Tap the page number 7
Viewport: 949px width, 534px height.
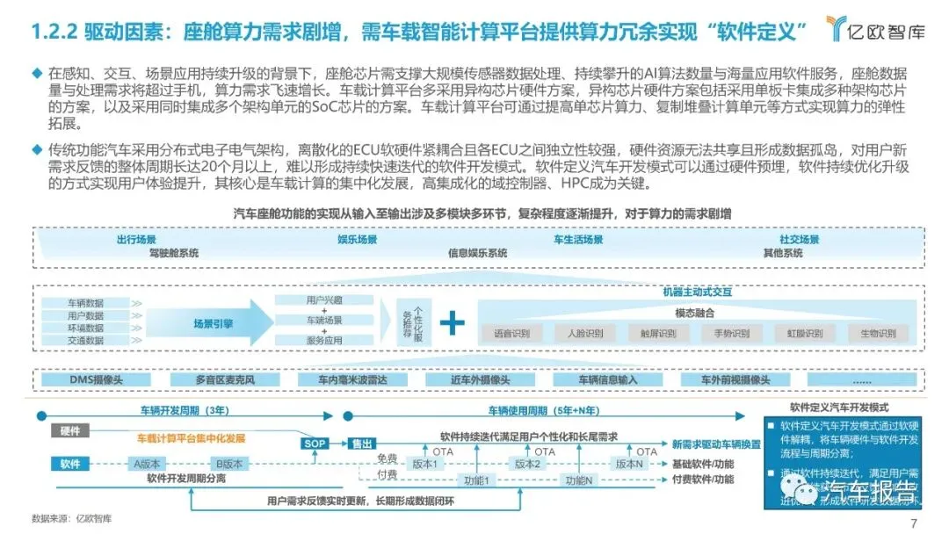point(914,523)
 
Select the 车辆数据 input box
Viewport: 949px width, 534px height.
point(85,303)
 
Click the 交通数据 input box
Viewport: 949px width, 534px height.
point(85,340)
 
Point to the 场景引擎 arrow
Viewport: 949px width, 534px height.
point(215,322)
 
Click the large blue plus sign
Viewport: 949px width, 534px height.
point(453,322)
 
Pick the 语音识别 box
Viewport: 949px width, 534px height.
point(511,334)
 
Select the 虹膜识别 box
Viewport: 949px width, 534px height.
point(804,334)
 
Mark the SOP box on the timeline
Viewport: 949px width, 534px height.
point(315,444)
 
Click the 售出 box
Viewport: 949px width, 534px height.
point(361,444)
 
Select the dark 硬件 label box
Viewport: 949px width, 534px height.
point(70,430)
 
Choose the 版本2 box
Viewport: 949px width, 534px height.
point(526,463)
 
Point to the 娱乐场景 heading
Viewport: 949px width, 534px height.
point(357,239)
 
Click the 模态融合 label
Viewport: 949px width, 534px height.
point(694,313)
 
